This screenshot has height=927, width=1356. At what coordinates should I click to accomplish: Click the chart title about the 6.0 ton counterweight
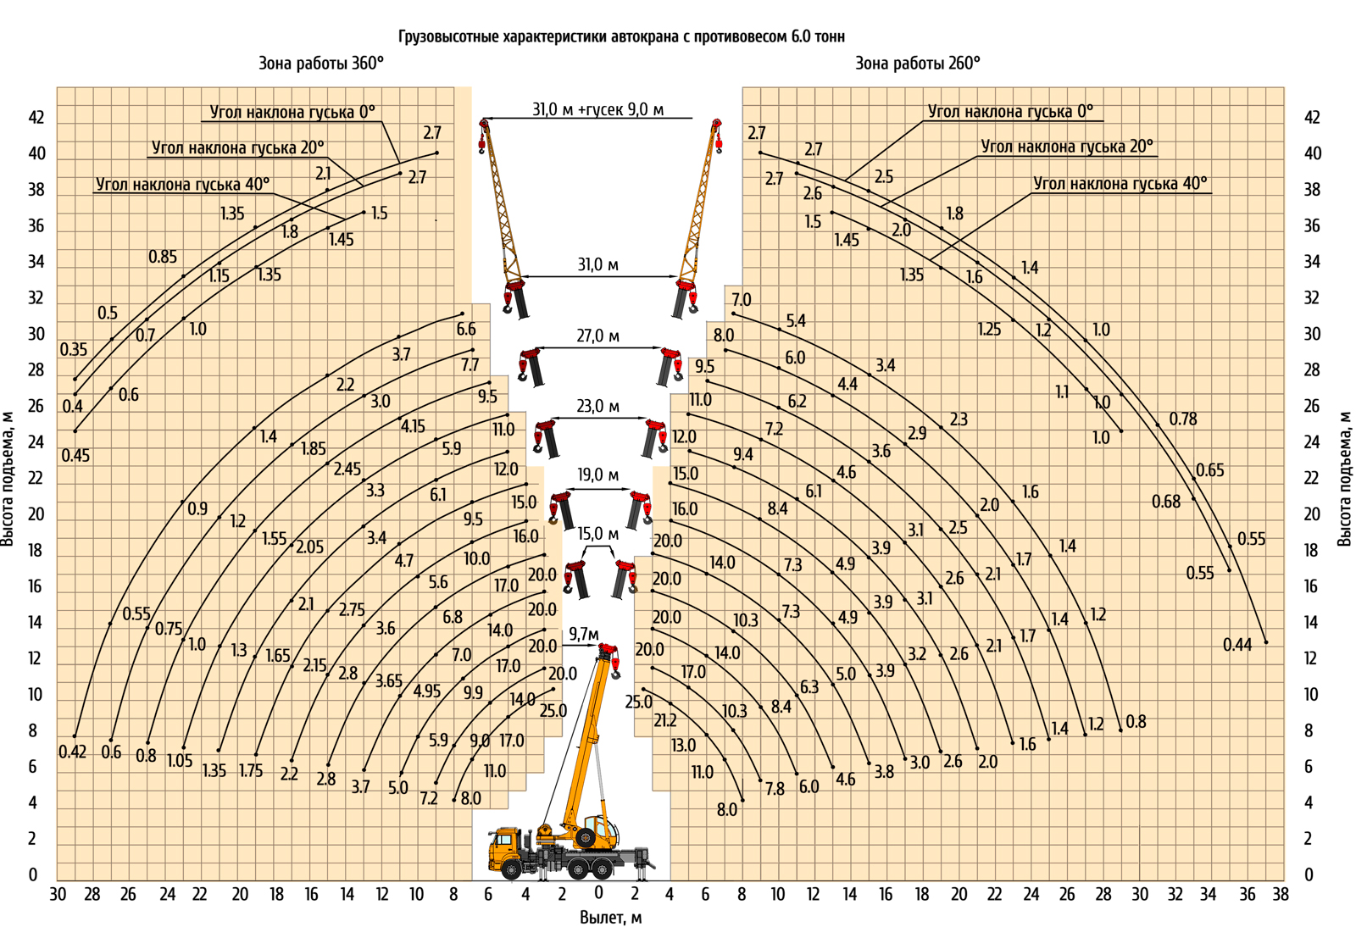621,36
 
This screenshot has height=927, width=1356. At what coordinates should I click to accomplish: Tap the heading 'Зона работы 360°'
320,64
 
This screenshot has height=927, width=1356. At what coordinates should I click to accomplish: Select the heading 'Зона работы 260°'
917,64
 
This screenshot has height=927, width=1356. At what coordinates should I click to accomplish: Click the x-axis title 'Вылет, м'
610,917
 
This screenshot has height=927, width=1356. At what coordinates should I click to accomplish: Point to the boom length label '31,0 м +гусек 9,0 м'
597,109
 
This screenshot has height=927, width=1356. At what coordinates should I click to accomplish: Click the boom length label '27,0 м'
597,336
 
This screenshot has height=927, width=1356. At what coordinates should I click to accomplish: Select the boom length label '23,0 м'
597,407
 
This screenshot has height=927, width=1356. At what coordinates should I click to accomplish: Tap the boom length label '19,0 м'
597,475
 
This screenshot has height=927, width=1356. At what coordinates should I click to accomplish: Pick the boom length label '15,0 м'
597,535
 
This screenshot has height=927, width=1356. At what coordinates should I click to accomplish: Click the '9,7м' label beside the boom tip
583,635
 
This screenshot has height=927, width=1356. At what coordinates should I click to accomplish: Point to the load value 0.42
72,752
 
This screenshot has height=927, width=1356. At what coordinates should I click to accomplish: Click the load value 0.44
1237,645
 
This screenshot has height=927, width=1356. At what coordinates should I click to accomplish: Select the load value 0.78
1183,419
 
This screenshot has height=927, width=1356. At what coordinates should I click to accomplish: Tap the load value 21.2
664,720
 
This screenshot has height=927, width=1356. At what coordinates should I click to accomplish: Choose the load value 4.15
413,426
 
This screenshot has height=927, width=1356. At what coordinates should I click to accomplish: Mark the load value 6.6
466,329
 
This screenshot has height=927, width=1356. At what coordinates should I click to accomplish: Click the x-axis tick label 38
1280,894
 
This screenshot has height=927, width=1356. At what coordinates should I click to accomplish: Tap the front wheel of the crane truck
511,869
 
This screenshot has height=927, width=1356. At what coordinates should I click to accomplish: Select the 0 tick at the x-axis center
598,893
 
